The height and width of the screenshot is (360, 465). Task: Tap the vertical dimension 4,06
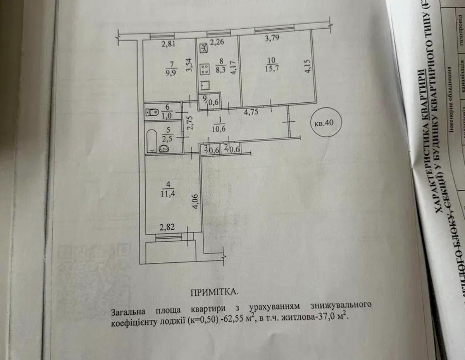pos(195,202)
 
